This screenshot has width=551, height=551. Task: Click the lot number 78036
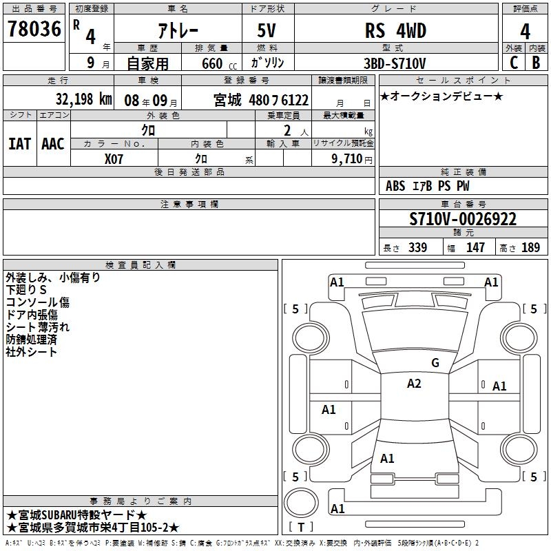pos(34,29)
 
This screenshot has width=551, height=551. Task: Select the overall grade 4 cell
pos(525,31)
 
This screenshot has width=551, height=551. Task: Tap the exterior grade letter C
pos(514,63)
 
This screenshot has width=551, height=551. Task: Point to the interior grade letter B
pos(536,63)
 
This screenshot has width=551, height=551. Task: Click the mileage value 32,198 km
pos(83,99)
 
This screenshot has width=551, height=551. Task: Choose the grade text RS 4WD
pos(395,30)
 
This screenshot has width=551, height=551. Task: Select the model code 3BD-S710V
pos(395,63)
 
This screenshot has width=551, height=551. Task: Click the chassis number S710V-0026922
pos(463,219)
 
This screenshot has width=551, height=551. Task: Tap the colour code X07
pos(114,159)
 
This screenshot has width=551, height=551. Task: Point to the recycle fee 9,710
pos(347,159)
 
